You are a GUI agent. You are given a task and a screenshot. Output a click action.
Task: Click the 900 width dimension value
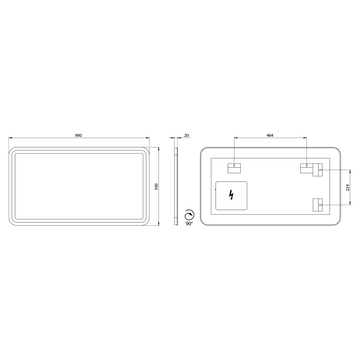click(78, 135)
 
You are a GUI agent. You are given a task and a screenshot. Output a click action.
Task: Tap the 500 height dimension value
click(156, 186)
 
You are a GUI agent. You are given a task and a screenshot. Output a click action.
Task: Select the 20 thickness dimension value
click(186, 135)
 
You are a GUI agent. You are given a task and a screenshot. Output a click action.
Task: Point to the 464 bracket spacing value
click(270, 135)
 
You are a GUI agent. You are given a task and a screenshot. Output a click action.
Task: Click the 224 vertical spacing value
click(347, 188)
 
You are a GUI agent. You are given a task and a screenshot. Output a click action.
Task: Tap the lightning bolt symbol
click(231, 195)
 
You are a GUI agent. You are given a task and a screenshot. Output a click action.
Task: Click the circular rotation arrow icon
click(189, 215)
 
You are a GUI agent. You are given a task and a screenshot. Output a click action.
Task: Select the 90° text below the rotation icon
click(189, 224)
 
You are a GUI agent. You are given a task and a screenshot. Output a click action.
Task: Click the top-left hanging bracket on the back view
click(234, 168)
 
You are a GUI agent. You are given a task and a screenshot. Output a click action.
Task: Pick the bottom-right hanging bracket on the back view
click(318, 205)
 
